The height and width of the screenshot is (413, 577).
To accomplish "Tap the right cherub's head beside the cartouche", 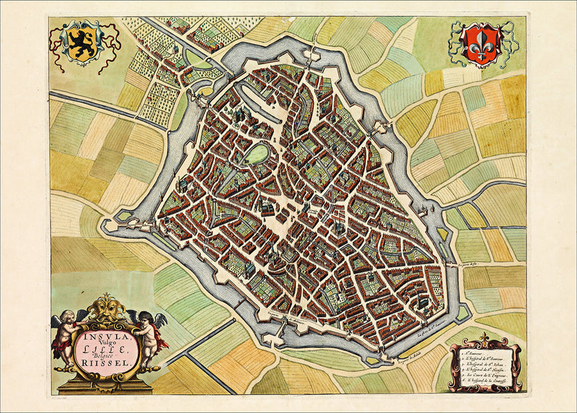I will pyautogui.click(x=147, y=321).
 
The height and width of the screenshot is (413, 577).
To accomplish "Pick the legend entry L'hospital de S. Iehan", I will pyautogui.click(x=485, y=365).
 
